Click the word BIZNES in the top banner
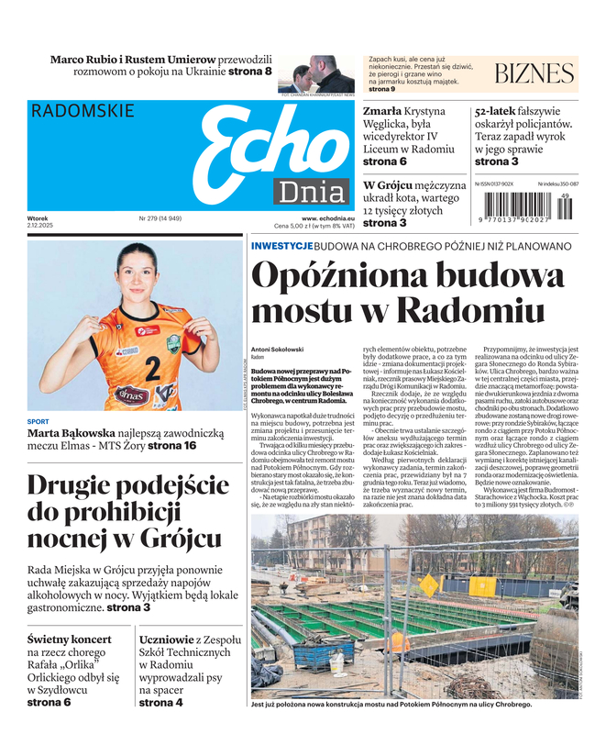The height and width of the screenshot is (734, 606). (x=534, y=74)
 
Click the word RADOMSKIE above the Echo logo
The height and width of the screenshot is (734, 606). (x=83, y=111)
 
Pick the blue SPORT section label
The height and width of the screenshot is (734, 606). (x=39, y=422)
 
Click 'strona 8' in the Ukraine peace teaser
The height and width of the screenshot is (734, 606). (x=249, y=72)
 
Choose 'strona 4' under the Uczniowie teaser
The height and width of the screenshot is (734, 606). (x=160, y=703)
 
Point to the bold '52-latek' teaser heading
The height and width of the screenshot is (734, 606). (x=503, y=111)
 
